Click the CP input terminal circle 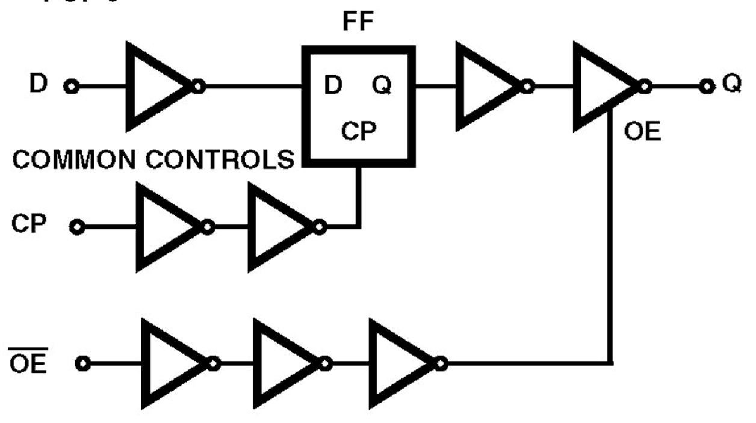point(78,227)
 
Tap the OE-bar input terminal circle point(83,363)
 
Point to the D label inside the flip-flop point(333,87)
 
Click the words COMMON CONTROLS point(153,161)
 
